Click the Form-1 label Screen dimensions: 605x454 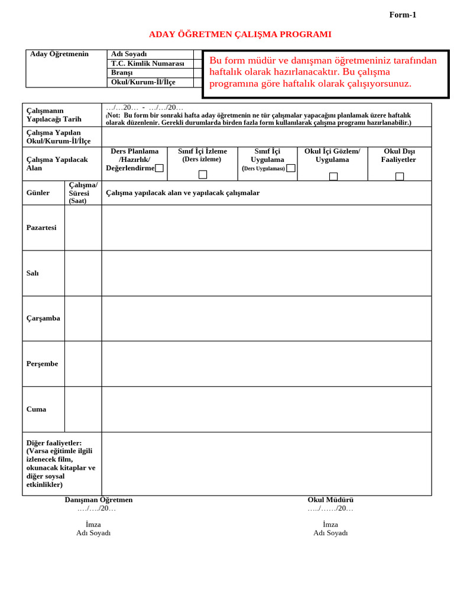403,15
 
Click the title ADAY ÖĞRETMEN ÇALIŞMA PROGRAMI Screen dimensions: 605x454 240,34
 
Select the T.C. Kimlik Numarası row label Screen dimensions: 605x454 148,63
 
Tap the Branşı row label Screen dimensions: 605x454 122,73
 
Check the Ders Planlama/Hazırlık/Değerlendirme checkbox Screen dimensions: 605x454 159,168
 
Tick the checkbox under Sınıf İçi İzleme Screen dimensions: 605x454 203,174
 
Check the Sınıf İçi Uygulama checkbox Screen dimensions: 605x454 290,168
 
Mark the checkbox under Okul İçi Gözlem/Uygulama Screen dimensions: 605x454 333,176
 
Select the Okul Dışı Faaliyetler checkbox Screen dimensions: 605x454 400,176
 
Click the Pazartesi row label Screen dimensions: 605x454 41,227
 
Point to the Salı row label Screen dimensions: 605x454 33,273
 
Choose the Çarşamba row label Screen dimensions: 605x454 43,318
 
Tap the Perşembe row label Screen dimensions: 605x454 42,363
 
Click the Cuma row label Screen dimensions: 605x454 36,409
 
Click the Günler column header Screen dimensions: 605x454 38,193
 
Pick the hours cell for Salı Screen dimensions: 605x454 83,273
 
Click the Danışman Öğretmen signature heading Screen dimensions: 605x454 99,500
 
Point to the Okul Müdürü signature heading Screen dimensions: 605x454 330,500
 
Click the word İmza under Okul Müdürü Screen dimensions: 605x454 330,524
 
